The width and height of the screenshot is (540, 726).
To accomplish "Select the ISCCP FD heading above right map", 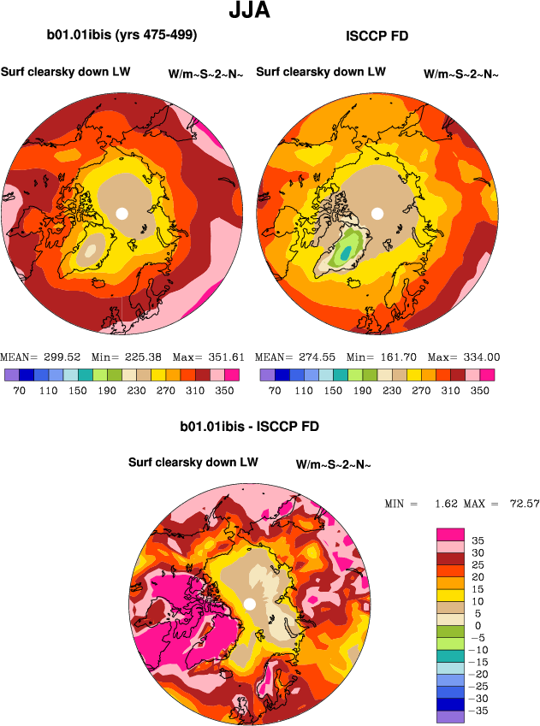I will tap(377, 36).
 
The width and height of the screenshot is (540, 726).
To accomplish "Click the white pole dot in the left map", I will tap(122, 213).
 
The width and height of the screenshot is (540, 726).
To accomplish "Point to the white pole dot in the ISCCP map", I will tap(377, 213).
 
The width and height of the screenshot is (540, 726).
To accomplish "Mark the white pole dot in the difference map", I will tap(249, 604).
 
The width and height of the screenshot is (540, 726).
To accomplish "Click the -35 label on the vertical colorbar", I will tap(481, 710).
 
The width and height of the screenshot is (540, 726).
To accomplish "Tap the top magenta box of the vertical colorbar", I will tap(450, 534).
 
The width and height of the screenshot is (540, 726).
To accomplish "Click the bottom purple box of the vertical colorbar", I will tap(450, 717).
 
